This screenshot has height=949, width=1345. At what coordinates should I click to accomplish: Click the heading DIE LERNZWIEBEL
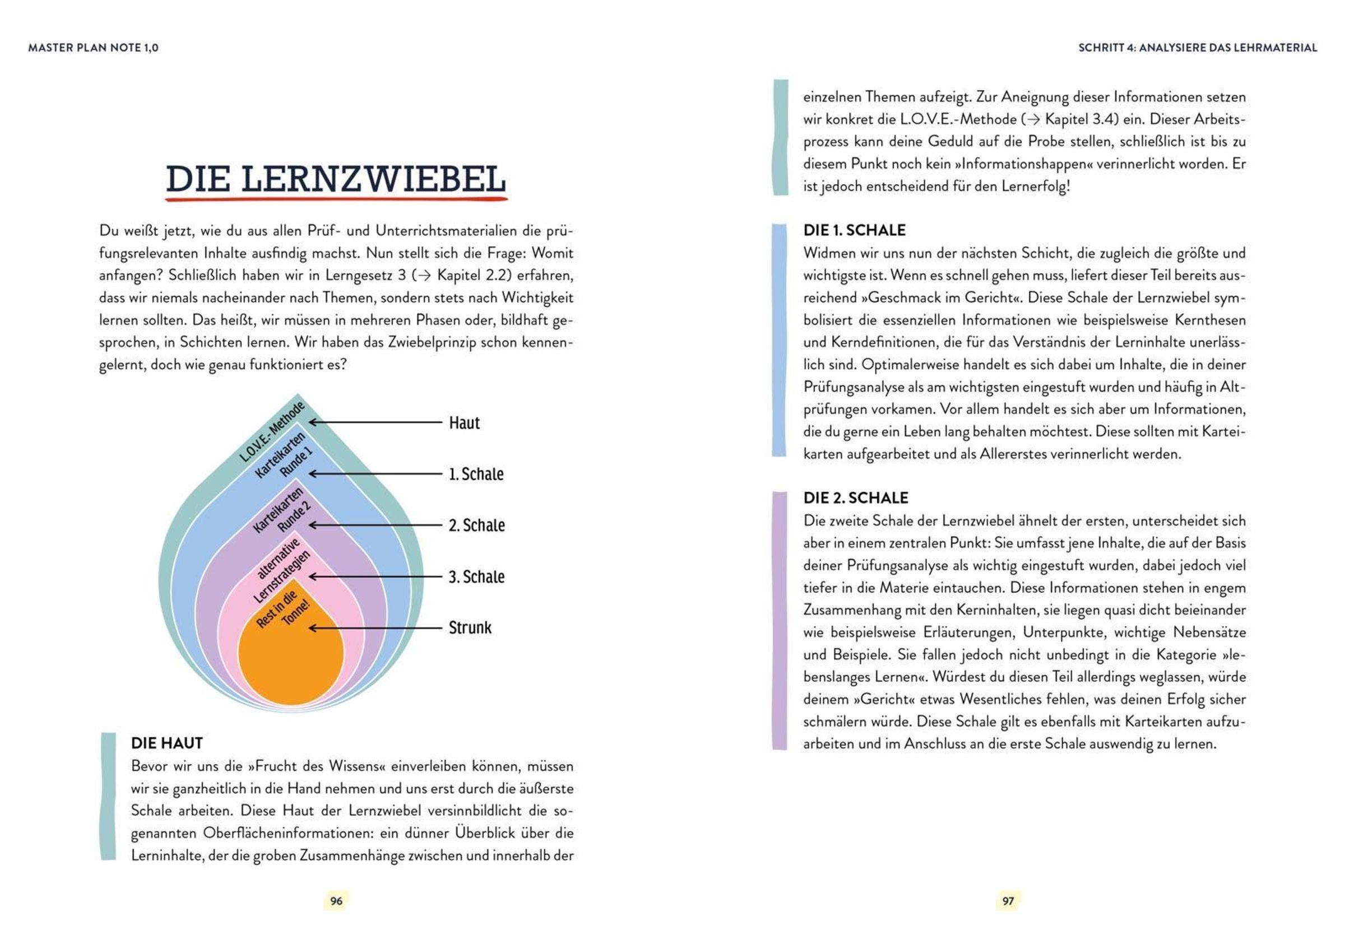336,179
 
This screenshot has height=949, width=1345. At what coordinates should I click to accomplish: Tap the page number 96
336,900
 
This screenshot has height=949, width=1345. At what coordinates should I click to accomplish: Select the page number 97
1008,900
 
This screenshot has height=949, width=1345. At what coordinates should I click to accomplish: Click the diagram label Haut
464,423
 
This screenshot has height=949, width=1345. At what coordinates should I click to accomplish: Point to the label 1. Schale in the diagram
476,473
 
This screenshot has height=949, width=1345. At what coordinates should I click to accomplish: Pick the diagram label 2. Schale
476,525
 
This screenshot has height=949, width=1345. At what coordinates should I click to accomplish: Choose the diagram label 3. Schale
476,576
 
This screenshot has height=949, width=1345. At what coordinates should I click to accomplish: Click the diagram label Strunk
470,627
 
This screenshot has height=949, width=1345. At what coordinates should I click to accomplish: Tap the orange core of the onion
291,662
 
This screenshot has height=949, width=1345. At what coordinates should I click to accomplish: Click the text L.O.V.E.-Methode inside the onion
272,432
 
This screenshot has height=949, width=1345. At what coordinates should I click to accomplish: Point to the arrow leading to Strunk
375,627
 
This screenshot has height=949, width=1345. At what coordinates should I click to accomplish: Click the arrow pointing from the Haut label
375,422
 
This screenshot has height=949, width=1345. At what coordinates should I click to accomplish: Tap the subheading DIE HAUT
167,743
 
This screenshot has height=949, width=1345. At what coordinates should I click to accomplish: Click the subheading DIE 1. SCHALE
854,230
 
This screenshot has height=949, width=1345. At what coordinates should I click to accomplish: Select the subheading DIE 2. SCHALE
855,497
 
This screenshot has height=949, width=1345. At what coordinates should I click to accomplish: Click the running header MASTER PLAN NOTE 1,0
93,48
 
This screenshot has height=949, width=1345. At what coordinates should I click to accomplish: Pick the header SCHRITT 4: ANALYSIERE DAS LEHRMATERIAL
1198,48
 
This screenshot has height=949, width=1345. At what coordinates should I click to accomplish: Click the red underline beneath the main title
336,199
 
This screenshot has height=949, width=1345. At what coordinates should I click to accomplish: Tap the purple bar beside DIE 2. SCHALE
779,621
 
